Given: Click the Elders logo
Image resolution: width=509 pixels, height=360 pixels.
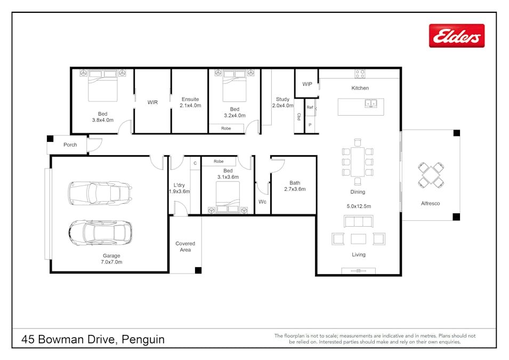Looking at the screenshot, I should (457, 36).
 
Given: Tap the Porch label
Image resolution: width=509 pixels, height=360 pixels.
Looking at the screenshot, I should (70, 145).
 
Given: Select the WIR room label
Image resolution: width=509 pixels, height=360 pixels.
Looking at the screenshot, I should (152, 102).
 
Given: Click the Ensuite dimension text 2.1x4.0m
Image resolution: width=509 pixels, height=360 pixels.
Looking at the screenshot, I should (190, 106).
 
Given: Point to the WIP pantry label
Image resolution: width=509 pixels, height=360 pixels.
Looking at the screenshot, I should (307, 84).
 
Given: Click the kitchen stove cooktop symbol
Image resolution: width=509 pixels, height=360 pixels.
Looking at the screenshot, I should (360, 74).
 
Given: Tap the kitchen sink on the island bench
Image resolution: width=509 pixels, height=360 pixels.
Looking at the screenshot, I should (371, 103).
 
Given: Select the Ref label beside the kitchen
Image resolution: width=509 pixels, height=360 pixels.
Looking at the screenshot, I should (310, 108).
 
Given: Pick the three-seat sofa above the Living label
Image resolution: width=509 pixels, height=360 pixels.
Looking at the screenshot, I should (358, 221).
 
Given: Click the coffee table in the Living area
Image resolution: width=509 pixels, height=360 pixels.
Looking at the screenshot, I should (358, 238).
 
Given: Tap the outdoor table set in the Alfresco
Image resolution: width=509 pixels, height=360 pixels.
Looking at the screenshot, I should (430, 175).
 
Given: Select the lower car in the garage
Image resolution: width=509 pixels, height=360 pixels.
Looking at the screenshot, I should (100, 232).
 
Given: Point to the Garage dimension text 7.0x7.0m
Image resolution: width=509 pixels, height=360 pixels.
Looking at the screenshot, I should (111, 262).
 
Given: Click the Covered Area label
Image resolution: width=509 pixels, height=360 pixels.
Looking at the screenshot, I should (185, 247).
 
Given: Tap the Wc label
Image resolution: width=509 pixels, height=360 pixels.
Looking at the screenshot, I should (262, 202).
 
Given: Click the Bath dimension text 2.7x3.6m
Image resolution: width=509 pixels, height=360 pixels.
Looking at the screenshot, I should (295, 189).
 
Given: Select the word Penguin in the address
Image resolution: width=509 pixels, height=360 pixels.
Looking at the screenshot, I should (143, 339).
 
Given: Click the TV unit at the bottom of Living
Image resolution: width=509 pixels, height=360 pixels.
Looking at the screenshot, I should (358, 271).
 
